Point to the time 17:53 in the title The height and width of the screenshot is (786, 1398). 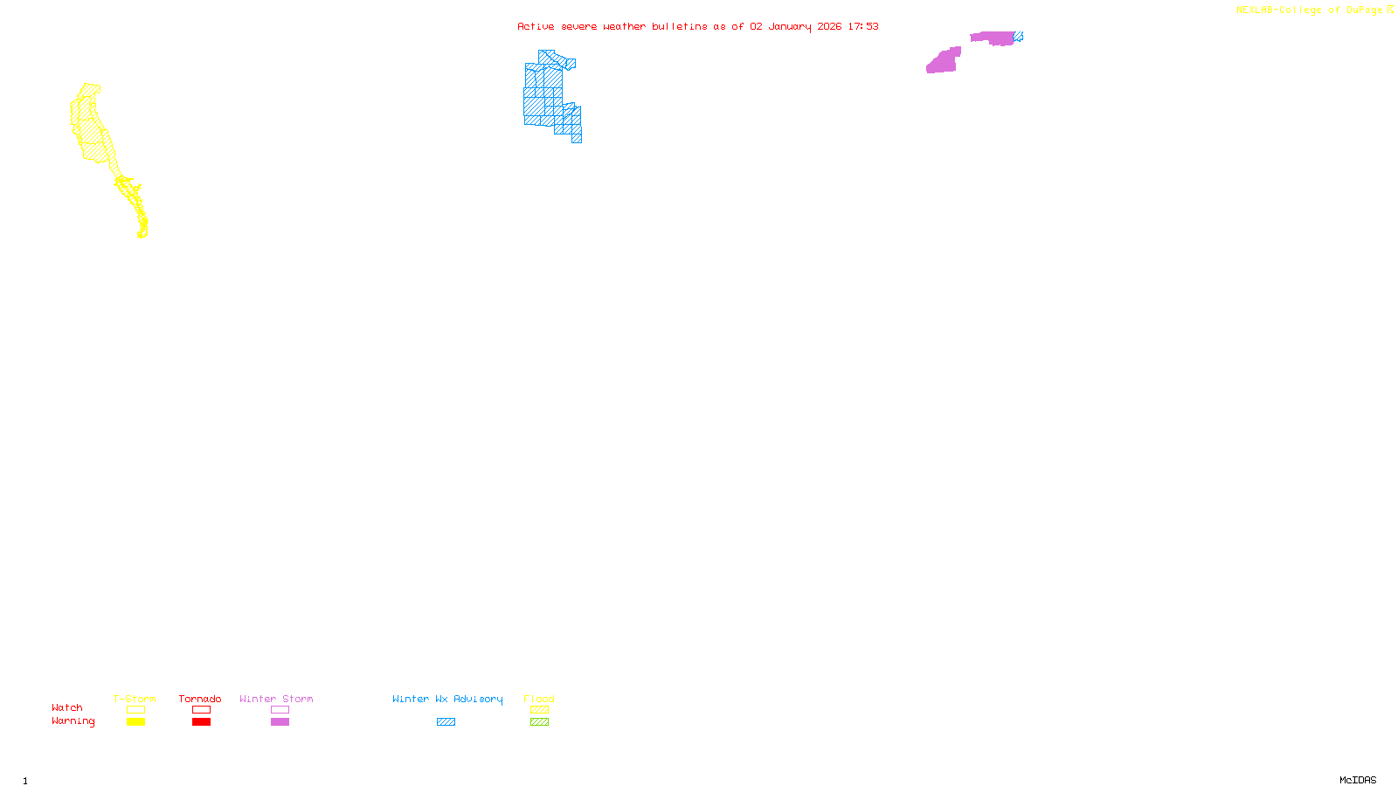pos(863,26)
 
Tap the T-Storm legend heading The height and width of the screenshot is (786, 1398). pos(135,699)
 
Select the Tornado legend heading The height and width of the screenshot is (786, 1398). pos(200,699)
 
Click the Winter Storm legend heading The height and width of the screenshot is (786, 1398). pos(276,699)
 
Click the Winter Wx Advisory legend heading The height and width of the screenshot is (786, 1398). pos(447,699)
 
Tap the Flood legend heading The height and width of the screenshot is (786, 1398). pos(539,699)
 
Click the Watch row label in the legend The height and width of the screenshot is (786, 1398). pos(67,707)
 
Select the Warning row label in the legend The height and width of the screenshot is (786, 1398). pos(73,721)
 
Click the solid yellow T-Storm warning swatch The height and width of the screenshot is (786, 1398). pos(135,722)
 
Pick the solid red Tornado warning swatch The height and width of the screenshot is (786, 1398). pos(201,722)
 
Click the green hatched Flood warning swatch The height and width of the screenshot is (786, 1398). pos(540,722)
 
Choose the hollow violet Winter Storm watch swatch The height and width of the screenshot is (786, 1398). pos(280,710)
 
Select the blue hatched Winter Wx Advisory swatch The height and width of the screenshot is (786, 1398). pos(446,722)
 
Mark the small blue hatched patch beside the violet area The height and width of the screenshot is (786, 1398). pos(1018,37)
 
